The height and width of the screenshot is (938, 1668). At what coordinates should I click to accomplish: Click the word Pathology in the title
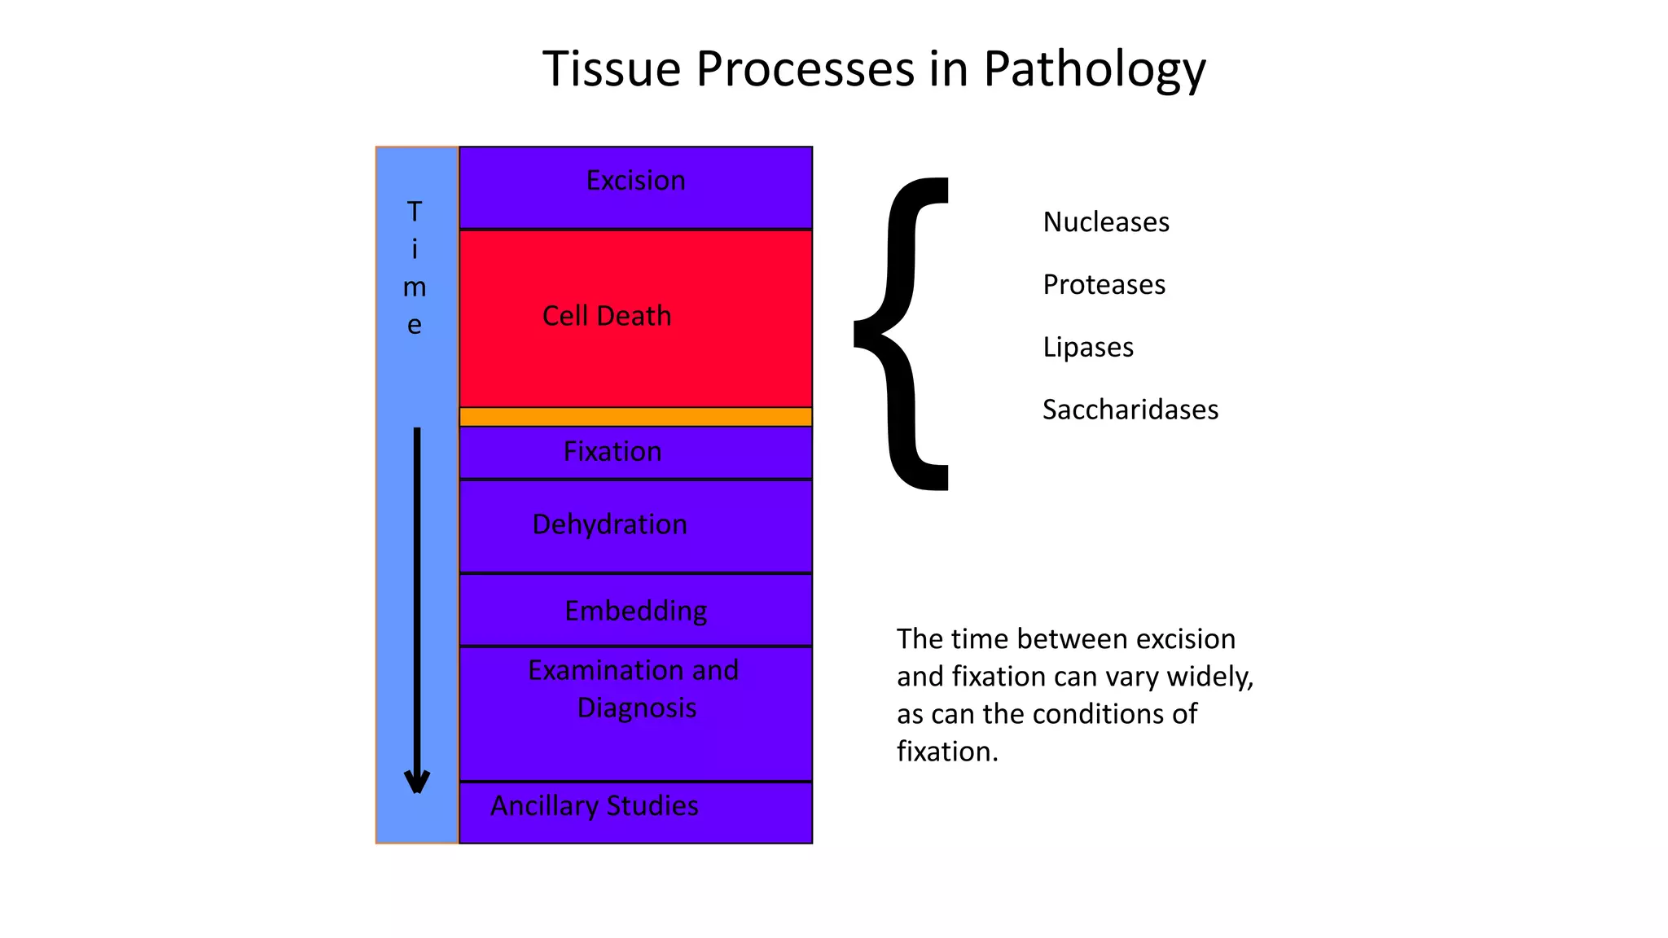tap(1094, 69)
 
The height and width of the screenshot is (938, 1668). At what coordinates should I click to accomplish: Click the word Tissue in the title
tap(611, 69)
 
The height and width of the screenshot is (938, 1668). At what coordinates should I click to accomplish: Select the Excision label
tap(635, 181)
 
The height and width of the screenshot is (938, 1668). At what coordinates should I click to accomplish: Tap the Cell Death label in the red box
tap(607, 316)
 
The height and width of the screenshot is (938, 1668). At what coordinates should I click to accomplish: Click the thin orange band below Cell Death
tap(635, 417)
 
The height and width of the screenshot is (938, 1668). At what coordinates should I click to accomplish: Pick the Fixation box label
tap(612, 452)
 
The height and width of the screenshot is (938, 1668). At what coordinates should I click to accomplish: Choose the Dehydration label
tap(609, 524)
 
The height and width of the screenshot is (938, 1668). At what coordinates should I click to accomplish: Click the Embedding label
tap(635, 611)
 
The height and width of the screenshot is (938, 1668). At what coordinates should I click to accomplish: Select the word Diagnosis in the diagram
tap(637, 708)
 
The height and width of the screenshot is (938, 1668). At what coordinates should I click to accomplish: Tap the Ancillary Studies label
tap(594, 806)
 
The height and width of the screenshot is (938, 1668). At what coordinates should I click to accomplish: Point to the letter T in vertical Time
tap(415, 212)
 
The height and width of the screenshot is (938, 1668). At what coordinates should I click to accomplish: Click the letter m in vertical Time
tap(415, 287)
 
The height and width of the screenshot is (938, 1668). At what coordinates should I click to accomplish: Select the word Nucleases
tap(1105, 222)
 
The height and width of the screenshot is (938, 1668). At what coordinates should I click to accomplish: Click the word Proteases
tap(1104, 285)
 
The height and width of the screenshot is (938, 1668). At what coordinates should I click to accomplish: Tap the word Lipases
tap(1087, 348)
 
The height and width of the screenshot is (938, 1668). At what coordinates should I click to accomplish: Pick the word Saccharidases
tap(1130, 410)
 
